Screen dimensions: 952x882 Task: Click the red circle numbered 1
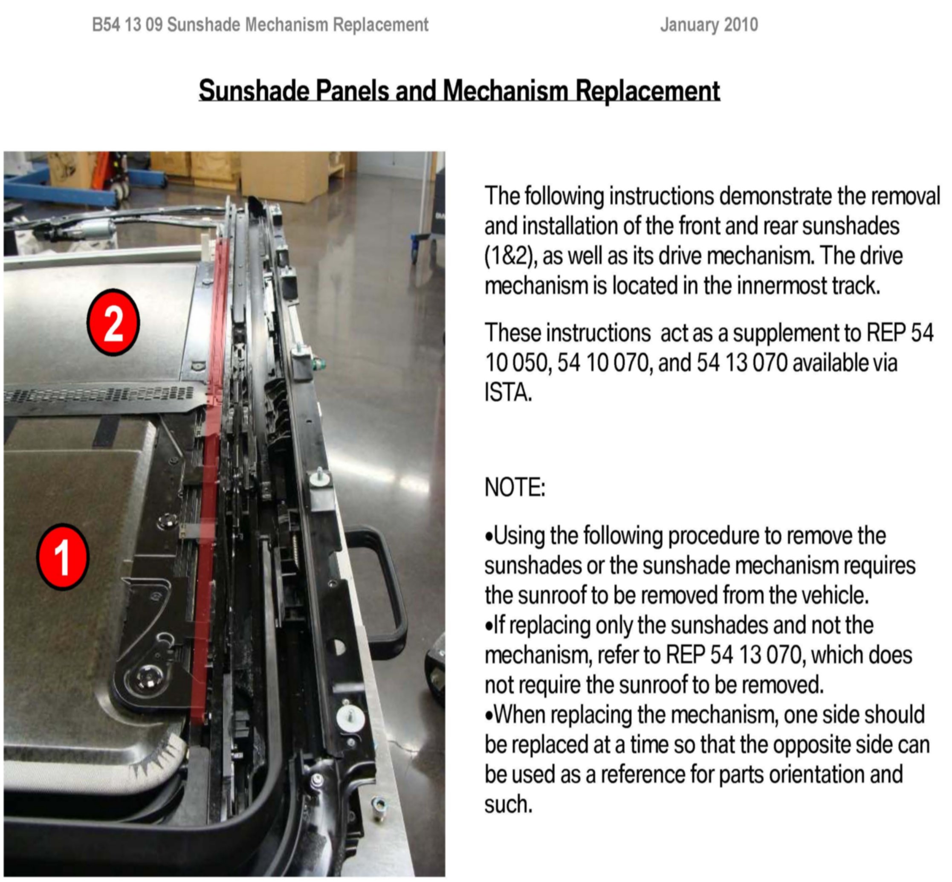[x=63, y=557]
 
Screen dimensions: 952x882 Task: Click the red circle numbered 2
[x=113, y=322]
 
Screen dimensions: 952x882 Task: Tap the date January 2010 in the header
[x=709, y=25]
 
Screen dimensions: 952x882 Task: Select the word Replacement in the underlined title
[x=648, y=90]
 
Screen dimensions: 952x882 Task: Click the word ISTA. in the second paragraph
[x=508, y=393]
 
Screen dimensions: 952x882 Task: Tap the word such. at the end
[x=508, y=804]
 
